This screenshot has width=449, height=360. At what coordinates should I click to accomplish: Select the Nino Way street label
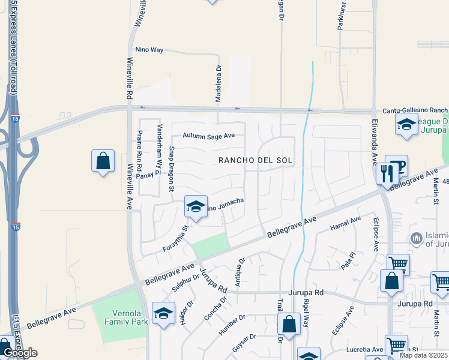[x=149, y=50]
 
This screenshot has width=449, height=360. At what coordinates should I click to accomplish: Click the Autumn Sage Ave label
[x=209, y=136]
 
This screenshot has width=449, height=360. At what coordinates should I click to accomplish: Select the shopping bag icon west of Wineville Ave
[x=103, y=161]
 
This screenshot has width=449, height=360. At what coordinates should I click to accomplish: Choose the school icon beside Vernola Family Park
[x=163, y=313]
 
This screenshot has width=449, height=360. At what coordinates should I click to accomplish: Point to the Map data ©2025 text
[x=423, y=355]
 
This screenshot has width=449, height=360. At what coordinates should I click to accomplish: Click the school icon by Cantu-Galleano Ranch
[x=406, y=125]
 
